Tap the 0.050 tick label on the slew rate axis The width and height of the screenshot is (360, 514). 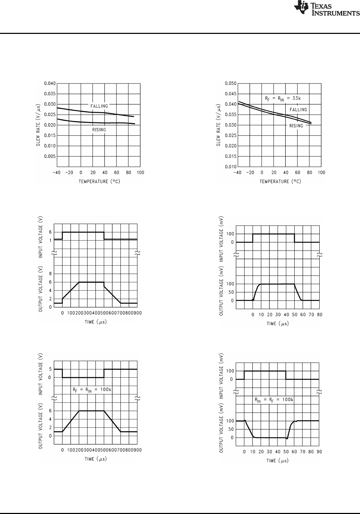230,84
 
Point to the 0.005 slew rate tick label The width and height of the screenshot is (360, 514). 50,156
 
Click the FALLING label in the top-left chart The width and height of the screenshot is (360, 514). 99,106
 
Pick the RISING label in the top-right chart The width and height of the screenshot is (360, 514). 296,126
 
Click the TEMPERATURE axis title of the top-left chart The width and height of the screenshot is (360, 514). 99,181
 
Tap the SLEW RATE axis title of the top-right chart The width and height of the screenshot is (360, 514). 219,125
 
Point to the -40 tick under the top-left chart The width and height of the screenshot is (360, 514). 56,173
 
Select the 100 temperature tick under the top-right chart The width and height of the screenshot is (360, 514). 322,173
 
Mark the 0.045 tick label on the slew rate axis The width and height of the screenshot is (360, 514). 230,94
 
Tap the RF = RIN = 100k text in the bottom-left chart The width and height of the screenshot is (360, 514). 92,389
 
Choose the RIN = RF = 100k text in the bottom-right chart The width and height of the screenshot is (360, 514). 274,400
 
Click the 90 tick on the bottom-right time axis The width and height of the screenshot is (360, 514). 319,452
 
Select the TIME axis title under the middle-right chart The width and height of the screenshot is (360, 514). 277,324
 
